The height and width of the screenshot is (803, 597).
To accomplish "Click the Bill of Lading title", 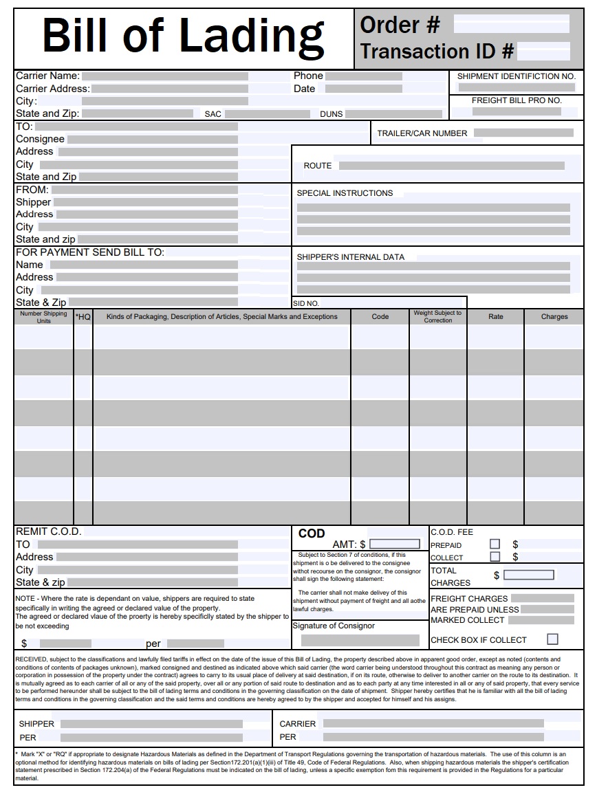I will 183,36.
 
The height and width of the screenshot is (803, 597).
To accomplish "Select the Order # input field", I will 511,25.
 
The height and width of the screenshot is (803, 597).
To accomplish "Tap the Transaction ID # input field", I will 543,51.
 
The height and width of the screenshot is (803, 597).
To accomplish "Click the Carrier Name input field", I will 164,76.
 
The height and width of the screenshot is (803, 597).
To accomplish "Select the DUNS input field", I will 394,114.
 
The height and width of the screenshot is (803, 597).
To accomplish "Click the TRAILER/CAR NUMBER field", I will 523,133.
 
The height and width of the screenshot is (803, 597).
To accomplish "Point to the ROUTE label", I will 317,166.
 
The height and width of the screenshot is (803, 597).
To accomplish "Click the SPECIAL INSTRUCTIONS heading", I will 345,193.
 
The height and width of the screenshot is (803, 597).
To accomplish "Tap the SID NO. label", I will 306,303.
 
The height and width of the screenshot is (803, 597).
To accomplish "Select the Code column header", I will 380,317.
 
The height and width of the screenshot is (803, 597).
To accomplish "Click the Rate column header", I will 495,317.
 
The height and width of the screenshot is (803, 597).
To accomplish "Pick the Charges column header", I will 554,317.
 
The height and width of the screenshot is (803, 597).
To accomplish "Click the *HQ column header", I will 83,317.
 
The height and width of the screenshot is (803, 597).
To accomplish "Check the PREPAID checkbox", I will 495,544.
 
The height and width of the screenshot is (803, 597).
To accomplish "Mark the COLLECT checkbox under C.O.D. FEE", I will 495,557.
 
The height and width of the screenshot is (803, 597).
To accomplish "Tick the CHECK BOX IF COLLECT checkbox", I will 552,639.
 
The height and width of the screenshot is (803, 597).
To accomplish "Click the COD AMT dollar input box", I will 395,544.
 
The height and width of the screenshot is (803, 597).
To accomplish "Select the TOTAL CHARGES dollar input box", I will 528,575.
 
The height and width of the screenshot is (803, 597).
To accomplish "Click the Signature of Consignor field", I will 360,640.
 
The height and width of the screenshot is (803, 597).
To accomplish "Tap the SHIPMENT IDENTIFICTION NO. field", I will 516,87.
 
